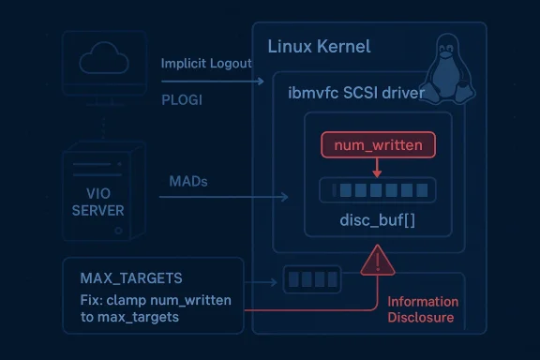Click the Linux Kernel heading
[x=319, y=46]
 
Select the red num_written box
[x=378, y=145]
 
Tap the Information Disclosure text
[x=424, y=309]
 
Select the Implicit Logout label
[x=206, y=63]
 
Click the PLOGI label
[x=182, y=97]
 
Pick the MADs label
[x=187, y=180]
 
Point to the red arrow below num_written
[x=377, y=168]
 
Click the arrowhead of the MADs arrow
[x=285, y=197]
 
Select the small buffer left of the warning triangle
[x=303, y=279]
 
